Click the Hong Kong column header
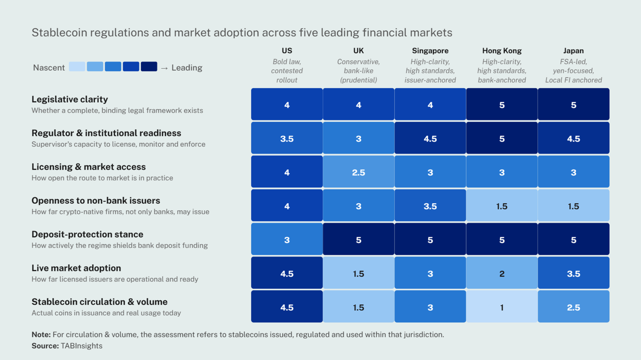pos(502,51)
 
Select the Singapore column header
pos(430,51)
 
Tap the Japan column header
pos(573,51)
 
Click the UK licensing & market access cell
pos(359,172)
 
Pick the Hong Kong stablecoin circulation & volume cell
pos(502,307)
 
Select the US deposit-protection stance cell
pos(287,239)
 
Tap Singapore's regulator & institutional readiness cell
pos(430,138)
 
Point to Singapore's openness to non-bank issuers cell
pos(430,206)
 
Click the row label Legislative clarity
pos(70,99)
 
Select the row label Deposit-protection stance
pos(87,234)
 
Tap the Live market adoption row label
pos(76,268)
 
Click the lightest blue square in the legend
pos(77,67)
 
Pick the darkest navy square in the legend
pos(149,67)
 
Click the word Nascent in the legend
pos(49,68)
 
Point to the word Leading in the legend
pos(187,68)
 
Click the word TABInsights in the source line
pos(82,346)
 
